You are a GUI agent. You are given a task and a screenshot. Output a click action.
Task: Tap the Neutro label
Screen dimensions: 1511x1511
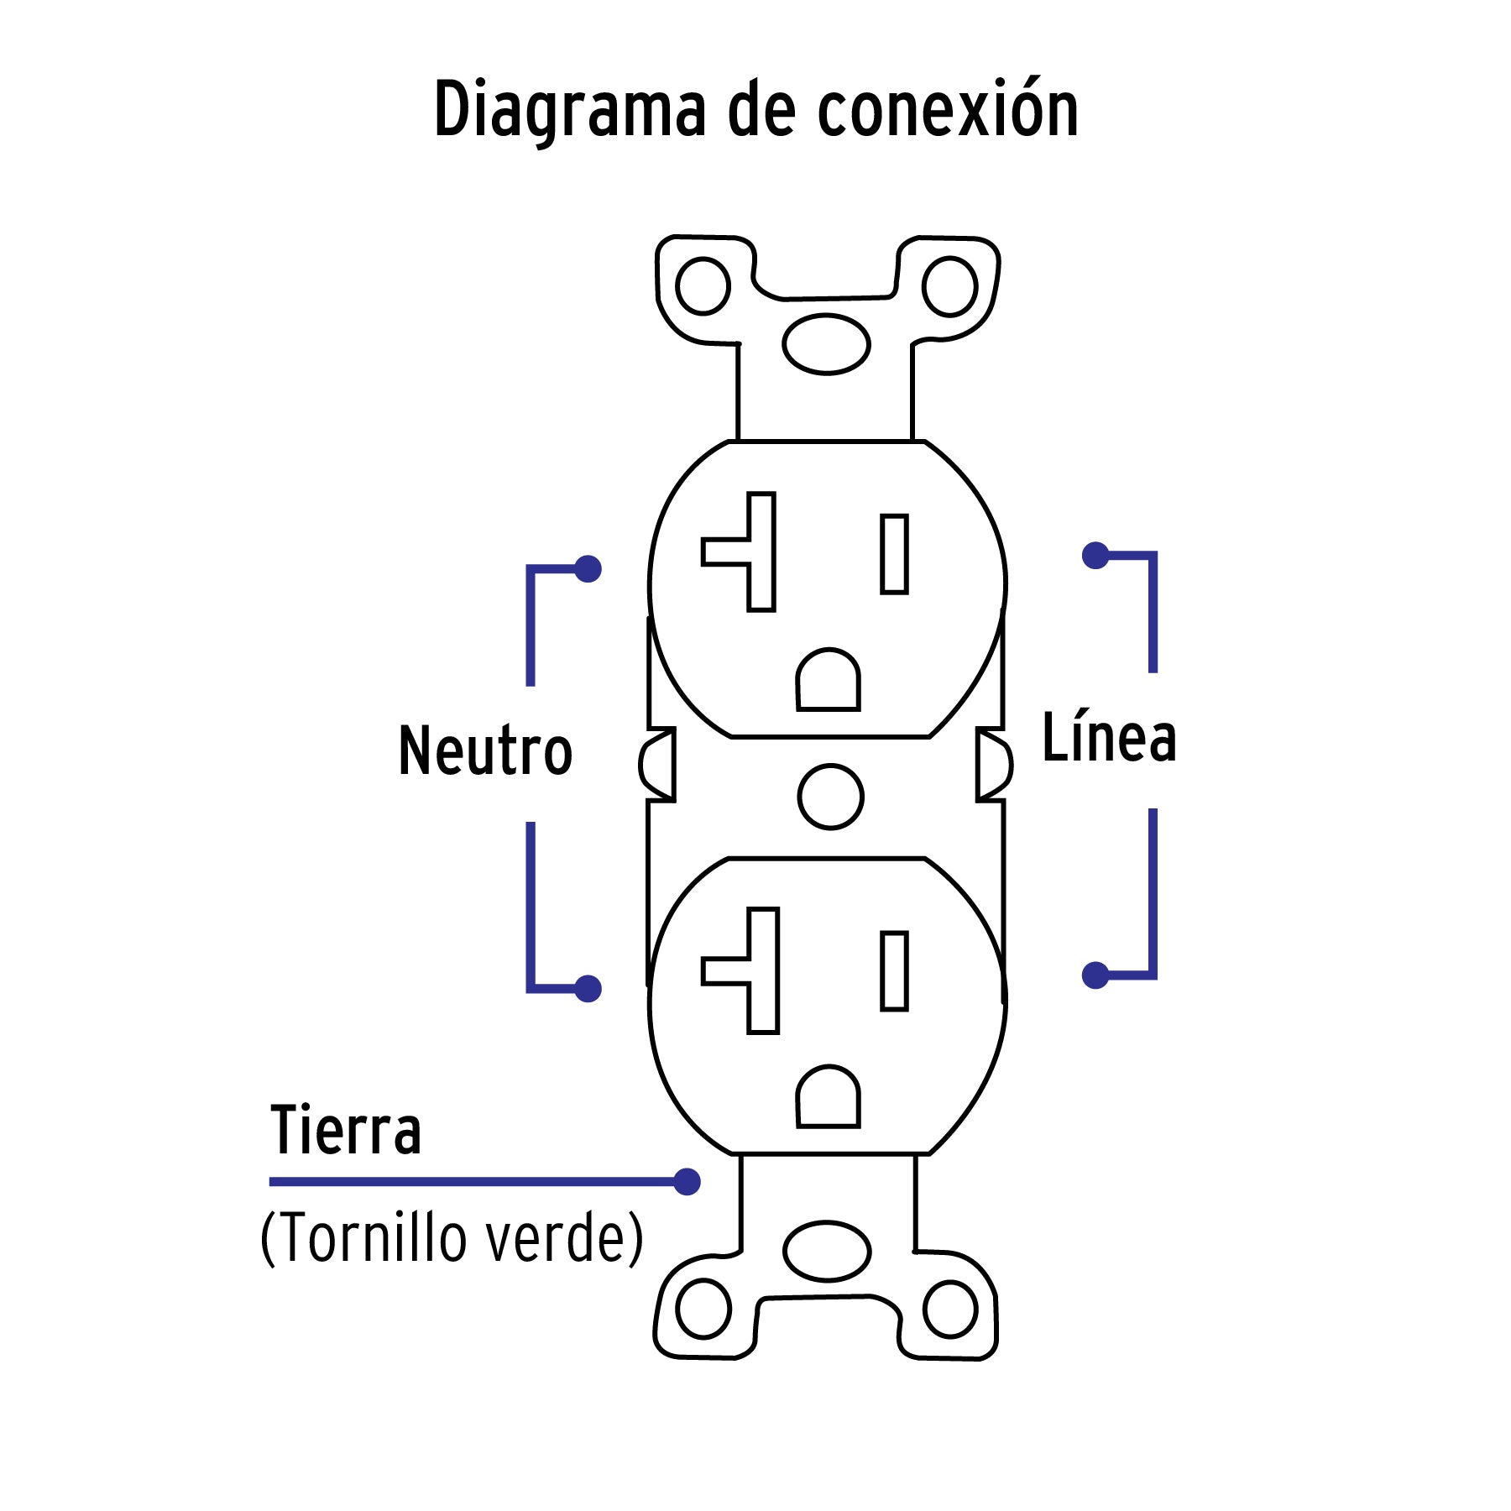[x=485, y=750]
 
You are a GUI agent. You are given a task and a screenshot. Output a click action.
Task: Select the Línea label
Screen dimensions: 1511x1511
[x=1108, y=738]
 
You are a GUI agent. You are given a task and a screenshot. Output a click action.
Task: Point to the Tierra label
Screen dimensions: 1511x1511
[x=345, y=1131]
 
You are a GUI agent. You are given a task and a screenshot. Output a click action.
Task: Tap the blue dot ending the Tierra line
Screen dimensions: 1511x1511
[x=688, y=1182]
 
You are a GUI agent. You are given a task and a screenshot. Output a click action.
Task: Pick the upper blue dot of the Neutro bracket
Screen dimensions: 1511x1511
[x=588, y=569]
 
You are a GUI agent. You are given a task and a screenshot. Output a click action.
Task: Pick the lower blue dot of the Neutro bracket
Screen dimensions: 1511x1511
[x=588, y=989]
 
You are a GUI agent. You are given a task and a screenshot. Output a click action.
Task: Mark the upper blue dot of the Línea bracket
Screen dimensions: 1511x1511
[x=1095, y=555]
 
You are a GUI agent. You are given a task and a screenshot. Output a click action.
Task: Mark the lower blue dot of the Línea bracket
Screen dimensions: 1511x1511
[x=1095, y=975]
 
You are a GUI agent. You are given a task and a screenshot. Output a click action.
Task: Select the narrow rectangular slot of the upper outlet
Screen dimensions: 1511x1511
[x=895, y=554]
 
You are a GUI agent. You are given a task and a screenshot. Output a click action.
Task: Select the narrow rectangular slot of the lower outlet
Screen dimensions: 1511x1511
[x=895, y=970]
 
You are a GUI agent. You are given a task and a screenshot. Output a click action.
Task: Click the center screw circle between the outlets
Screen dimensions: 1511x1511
[x=830, y=797]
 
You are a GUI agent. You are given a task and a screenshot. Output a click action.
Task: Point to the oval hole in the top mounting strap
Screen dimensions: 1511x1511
[x=826, y=343]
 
